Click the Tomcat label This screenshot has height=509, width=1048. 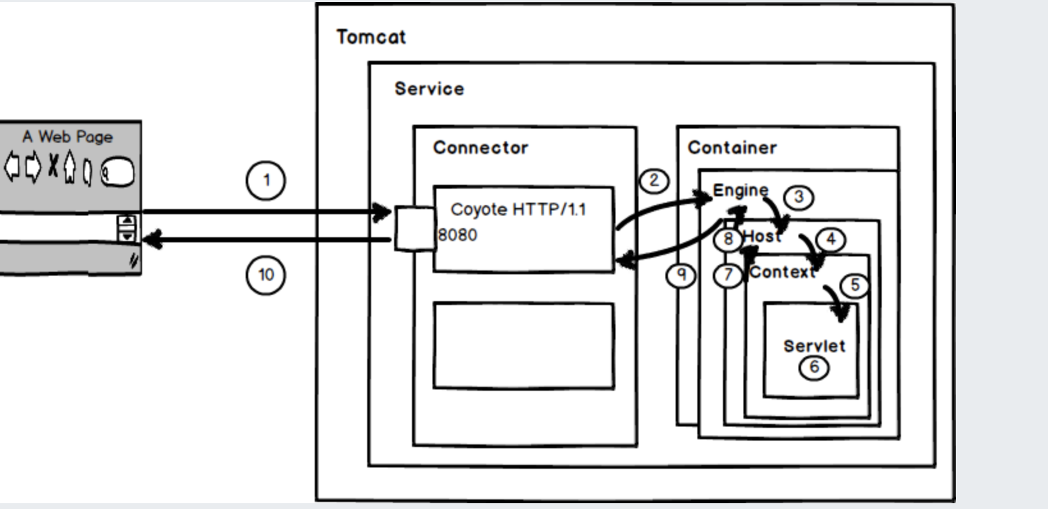pyautogui.click(x=371, y=37)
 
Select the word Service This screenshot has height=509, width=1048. pyautogui.click(x=429, y=89)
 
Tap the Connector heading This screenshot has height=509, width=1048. pyautogui.click(x=480, y=148)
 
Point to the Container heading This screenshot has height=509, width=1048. pyautogui.click(x=732, y=148)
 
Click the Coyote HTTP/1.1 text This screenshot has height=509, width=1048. pyautogui.click(x=518, y=210)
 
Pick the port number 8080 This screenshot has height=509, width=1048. pyautogui.click(x=458, y=235)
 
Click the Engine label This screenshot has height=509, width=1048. pyautogui.click(x=740, y=190)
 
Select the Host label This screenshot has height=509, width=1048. pyautogui.click(x=762, y=237)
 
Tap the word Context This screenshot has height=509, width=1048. pyautogui.click(x=782, y=272)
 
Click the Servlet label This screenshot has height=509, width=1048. pyautogui.click(x=814, y=346)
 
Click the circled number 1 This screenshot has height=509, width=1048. pyautogui.click(x=266, y=180)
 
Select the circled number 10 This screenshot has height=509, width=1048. pyautogui.click(x=266, y=275)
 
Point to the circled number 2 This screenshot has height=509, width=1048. pyautogui.click(x=654, y=181)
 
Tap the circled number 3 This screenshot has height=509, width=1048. pyautogui.click(x=798, y=197)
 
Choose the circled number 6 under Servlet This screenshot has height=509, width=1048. pyautogui.click(x=814, y=367)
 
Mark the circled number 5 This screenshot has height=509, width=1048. pyautogui.click(x=855, y=285)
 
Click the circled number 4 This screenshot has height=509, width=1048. pyautogui.click(x=830, y=240)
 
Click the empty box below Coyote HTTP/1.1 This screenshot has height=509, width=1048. pyautogui.click(x=523, y=346)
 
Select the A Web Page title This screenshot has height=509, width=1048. pyautogui.click(x=68, y=137)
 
